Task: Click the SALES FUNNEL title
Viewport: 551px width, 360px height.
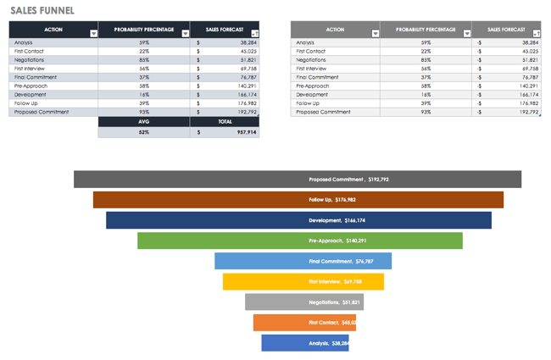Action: [42, 10]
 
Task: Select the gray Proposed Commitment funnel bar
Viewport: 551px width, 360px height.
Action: [297, 180]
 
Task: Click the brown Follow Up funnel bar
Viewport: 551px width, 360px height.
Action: [298, 200]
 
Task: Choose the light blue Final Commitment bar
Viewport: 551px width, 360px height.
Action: [303, 261]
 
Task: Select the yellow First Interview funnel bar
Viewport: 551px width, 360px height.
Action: [303, 281]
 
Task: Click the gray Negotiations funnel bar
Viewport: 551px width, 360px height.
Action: [303, 302]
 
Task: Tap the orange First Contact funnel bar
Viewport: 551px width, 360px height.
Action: [303, 322]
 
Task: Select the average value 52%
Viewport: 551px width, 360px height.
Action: [144, 132]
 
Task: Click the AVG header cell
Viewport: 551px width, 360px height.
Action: [144, 121]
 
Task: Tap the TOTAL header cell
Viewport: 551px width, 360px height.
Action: [224, 121]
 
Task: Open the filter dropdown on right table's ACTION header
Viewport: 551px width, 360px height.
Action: [375, 34]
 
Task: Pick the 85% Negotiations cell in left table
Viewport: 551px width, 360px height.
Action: [144, 60]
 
